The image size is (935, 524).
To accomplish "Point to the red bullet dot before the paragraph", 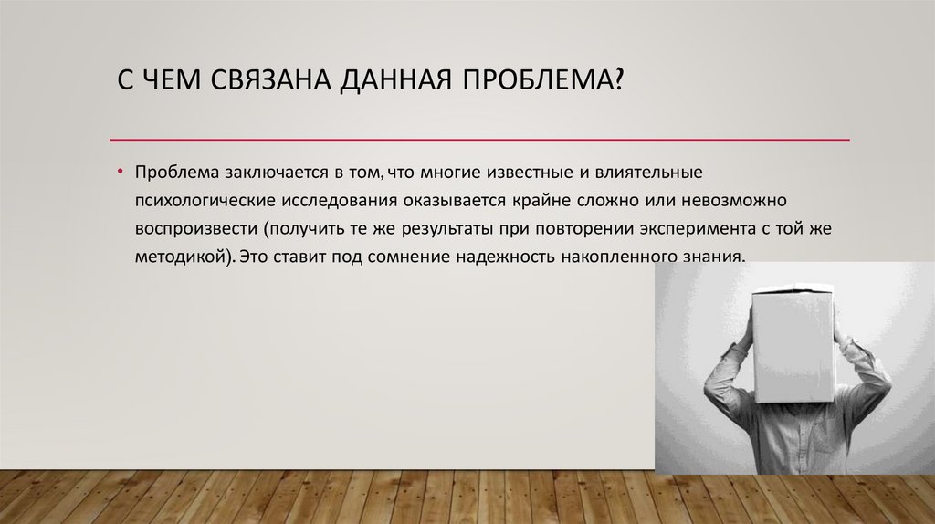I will click(x=120, y=171).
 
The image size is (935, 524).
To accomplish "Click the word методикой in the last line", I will click(x=175, y=257).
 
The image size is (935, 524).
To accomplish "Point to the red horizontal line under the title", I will click(x=479, y=141).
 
